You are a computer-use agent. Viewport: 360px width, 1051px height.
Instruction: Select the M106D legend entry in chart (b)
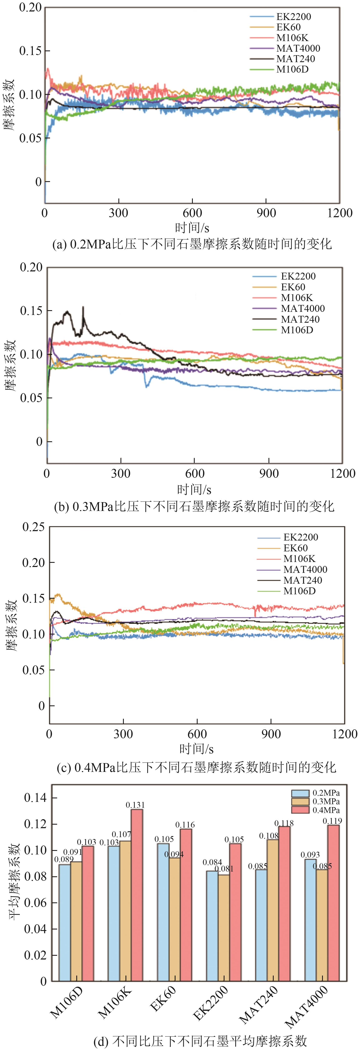click(297, 330)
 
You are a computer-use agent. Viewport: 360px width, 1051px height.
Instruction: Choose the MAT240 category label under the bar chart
click(258, 1004)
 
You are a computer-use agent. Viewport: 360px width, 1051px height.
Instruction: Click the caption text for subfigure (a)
click(192, 244)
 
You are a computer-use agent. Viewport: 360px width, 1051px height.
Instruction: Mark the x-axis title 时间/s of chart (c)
click(196, 749)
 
